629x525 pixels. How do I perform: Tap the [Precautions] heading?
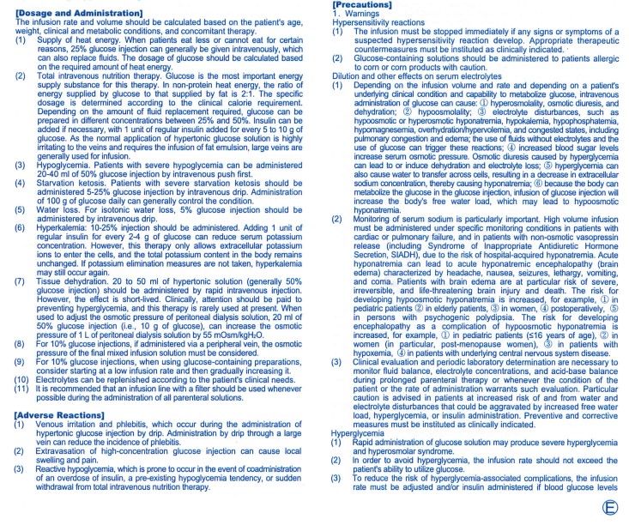point(360,5)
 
